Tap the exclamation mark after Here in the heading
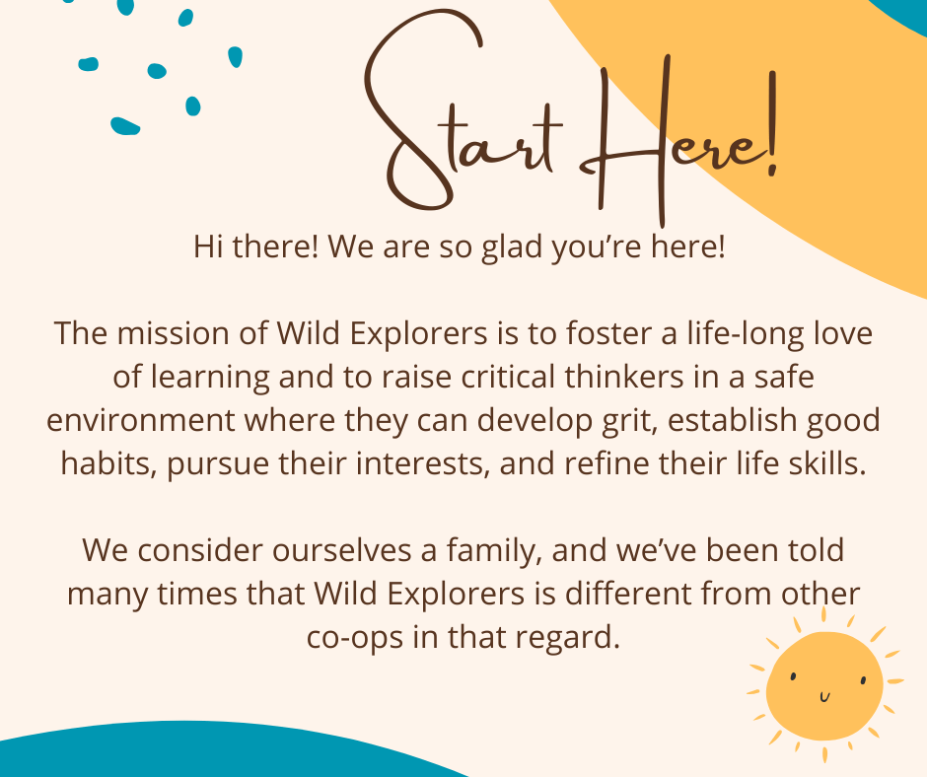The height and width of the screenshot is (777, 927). point(772,123)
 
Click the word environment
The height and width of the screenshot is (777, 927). point(141,420)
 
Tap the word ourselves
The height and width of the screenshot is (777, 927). point(342,550)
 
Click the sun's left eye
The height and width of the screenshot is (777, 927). point(793,675)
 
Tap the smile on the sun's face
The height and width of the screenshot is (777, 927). point(824,697)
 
